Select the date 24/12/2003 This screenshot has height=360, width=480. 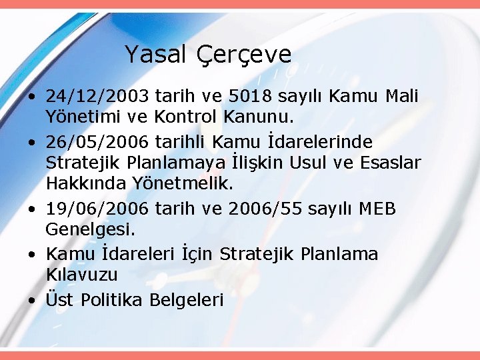(x=97, y=97)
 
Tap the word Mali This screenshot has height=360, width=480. (x=402, y=97)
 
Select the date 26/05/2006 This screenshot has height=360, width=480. (x=97, y=141)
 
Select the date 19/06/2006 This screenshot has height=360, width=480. (x=97, y=209)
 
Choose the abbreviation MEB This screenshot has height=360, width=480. (x=377, y=209)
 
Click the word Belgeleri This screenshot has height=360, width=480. (x=186, y=299)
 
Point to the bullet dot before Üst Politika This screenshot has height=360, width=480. (x=32, y=300)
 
